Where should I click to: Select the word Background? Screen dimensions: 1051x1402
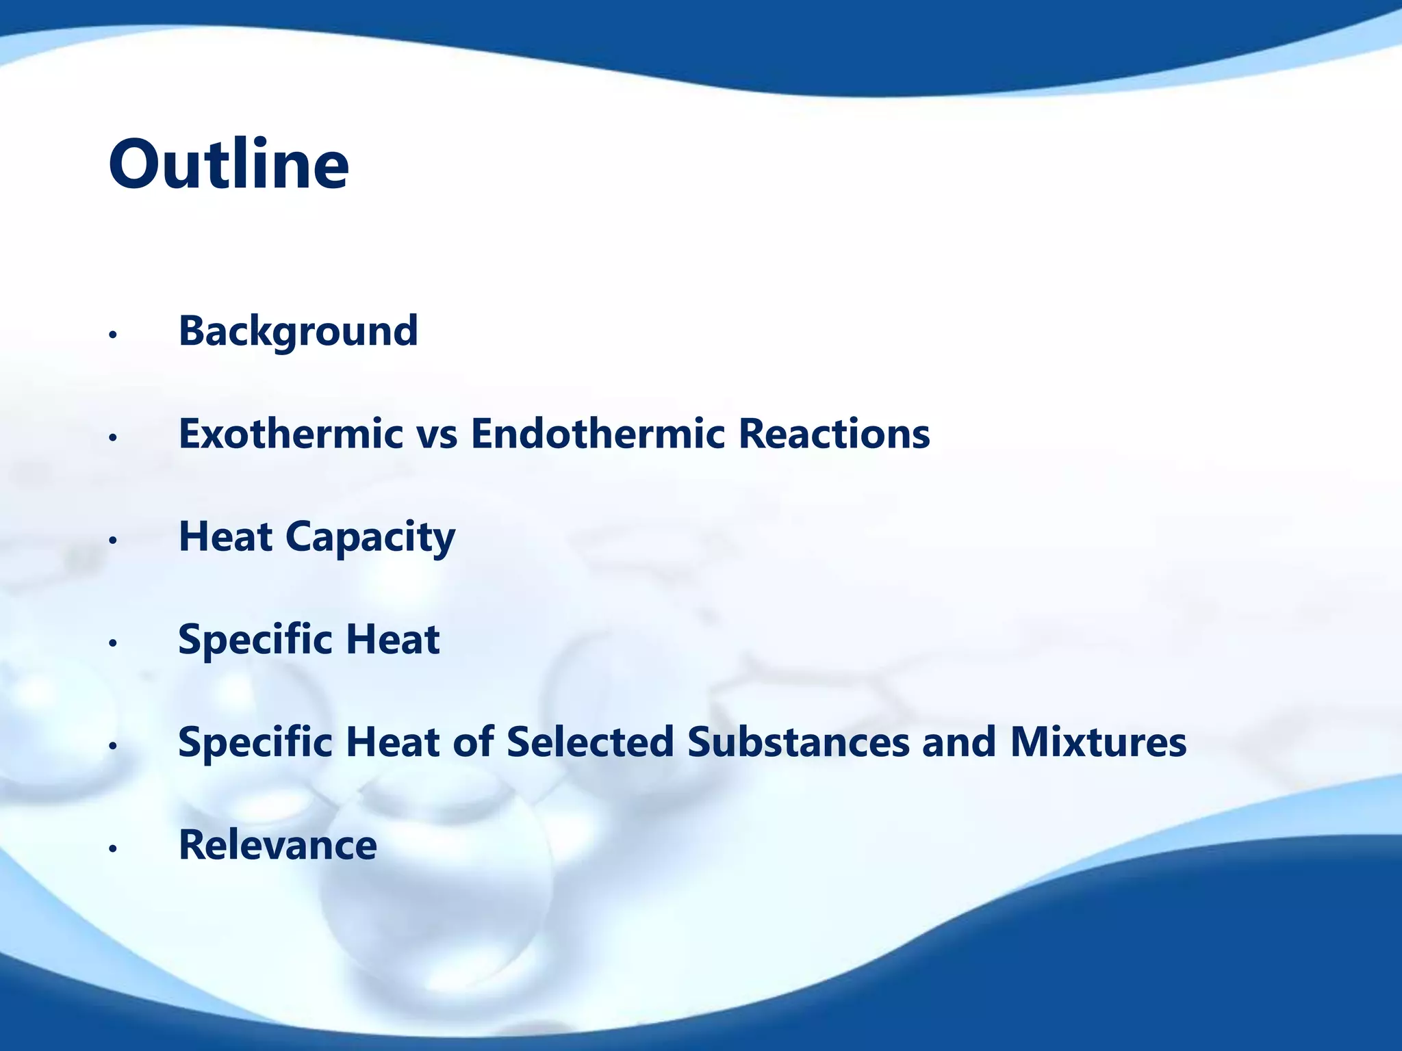(298, 331)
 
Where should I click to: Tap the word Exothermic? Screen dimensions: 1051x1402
(290, 434)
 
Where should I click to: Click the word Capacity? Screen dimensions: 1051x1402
(370, 538)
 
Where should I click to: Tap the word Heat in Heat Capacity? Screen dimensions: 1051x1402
(225, 536)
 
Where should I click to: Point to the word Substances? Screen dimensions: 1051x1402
(798, 742)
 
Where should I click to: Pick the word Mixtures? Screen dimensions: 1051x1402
(1098, 742)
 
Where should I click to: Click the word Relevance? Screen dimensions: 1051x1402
(277, 845)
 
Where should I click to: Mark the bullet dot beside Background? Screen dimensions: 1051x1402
(114, 335)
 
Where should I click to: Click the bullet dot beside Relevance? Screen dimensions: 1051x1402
(114, 849)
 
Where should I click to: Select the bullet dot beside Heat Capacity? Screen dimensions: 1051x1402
(114, 541)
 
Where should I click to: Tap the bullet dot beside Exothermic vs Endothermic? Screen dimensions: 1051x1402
(114, 438)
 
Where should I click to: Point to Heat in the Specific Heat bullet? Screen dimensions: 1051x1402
(392, 640)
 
